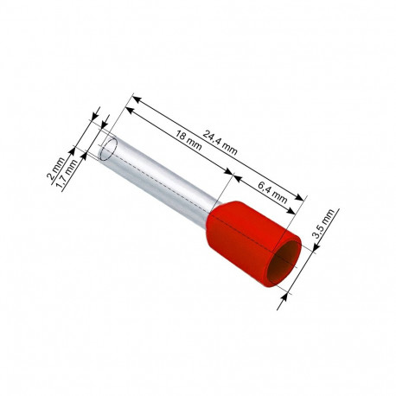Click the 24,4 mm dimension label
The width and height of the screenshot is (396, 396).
[x=220, y=143]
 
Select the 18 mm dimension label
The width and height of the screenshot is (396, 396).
[x=188, y=140]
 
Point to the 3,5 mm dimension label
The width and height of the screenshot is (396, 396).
[x=323, y=224]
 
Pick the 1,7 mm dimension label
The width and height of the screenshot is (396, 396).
[x=67, y=176]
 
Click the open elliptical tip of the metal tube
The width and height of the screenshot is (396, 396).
[x=108, y=149]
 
